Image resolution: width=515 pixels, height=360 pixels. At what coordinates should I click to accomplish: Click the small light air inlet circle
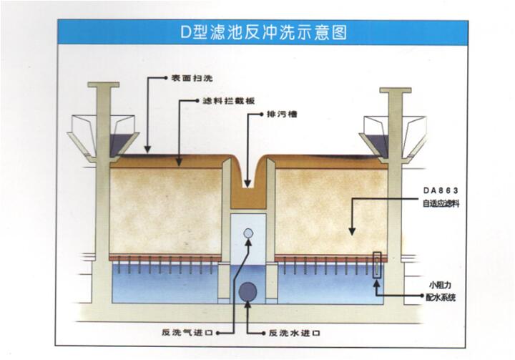point(247,233)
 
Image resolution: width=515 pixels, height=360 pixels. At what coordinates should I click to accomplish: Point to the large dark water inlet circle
point(247,290)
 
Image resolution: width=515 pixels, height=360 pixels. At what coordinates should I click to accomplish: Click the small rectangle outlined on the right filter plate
point(378,263)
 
